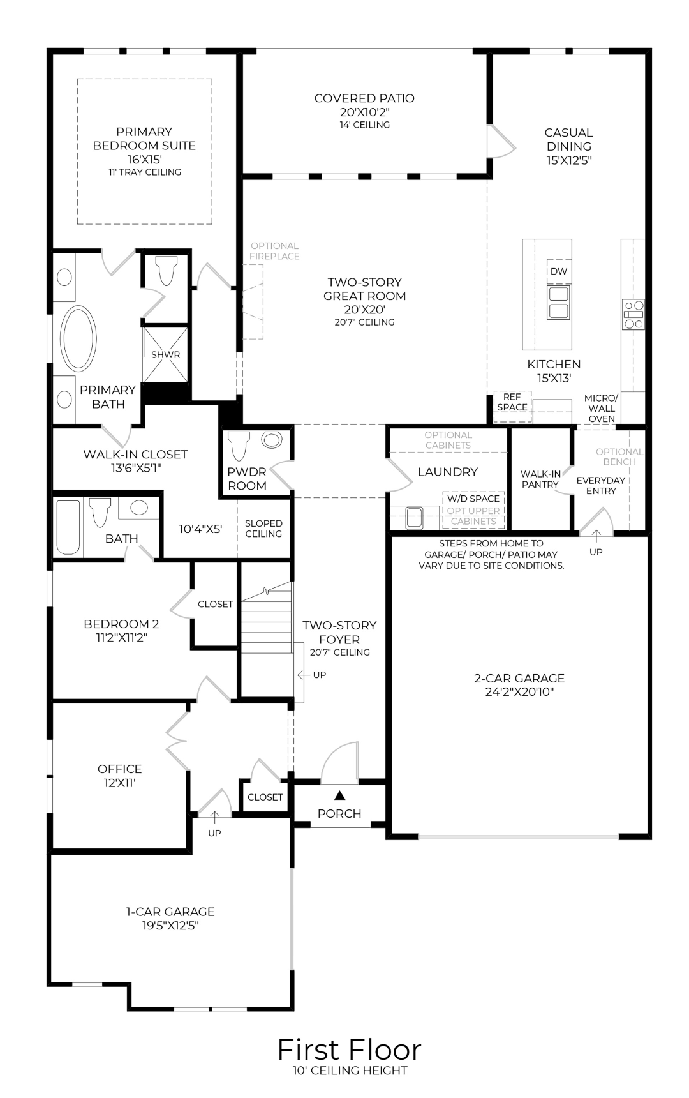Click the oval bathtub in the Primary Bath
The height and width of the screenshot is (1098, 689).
pos(78,338)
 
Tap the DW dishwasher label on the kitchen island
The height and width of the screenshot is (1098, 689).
pos(558,271)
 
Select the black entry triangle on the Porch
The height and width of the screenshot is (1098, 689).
pos(340,795)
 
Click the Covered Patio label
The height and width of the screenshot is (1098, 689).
pos(364,98)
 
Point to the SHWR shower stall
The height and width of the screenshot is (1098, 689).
pos(165,355)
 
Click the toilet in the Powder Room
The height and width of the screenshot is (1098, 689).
pos(239,444)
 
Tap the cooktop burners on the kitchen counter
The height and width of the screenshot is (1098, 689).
pos(633,315)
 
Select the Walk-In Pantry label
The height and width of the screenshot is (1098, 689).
pos(540,479)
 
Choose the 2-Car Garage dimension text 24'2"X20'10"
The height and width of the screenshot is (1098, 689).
pos(519,692)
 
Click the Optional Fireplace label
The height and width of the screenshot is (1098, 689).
pos(274,251)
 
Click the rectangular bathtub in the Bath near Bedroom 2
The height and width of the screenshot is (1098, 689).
pos(68,527)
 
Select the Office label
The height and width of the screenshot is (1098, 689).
pos(119,769)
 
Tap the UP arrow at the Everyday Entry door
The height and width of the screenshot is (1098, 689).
pos(596,535)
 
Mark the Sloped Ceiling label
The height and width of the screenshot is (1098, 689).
pos(263,529)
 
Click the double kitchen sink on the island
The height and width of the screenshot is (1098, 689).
pos(558,302)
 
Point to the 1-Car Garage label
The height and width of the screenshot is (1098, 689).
pos(170,912)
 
